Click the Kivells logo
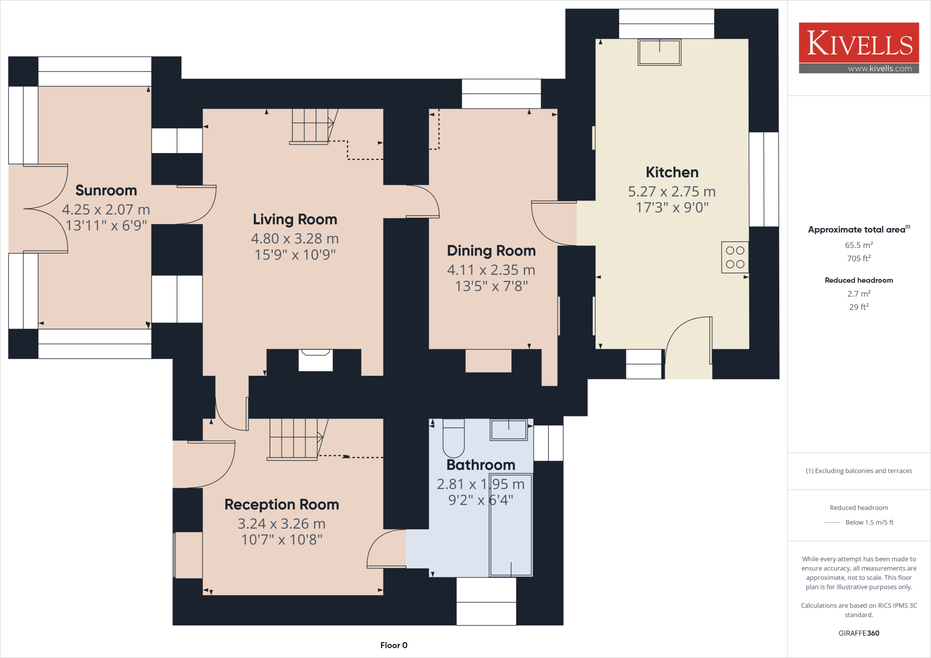(859, 48)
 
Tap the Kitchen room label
(672, 172)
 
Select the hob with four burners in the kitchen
(735, 257)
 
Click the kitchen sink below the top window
(659, 52)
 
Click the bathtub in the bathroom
(511, 525)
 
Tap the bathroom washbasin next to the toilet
(508, 429)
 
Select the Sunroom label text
(106, 190)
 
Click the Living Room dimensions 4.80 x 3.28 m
(295, 239)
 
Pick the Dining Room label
(491, 251)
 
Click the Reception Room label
(281, 504)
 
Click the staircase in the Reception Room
(295, 439)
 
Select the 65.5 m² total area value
(858, 245)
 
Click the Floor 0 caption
(394, 645)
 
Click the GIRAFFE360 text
(858, 633)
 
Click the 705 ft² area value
(858, 258)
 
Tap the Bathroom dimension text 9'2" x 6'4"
(481, 500)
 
